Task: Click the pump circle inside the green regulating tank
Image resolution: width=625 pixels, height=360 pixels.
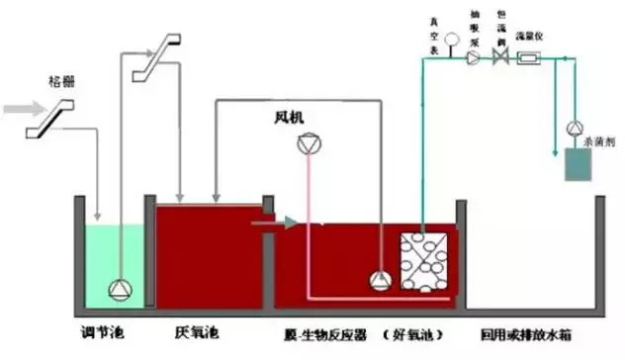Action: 120,289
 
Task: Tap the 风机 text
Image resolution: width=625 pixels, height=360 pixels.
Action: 291,117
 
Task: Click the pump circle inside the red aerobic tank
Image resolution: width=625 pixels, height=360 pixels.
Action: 379,280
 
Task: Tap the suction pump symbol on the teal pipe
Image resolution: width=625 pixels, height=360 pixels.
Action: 475,58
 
